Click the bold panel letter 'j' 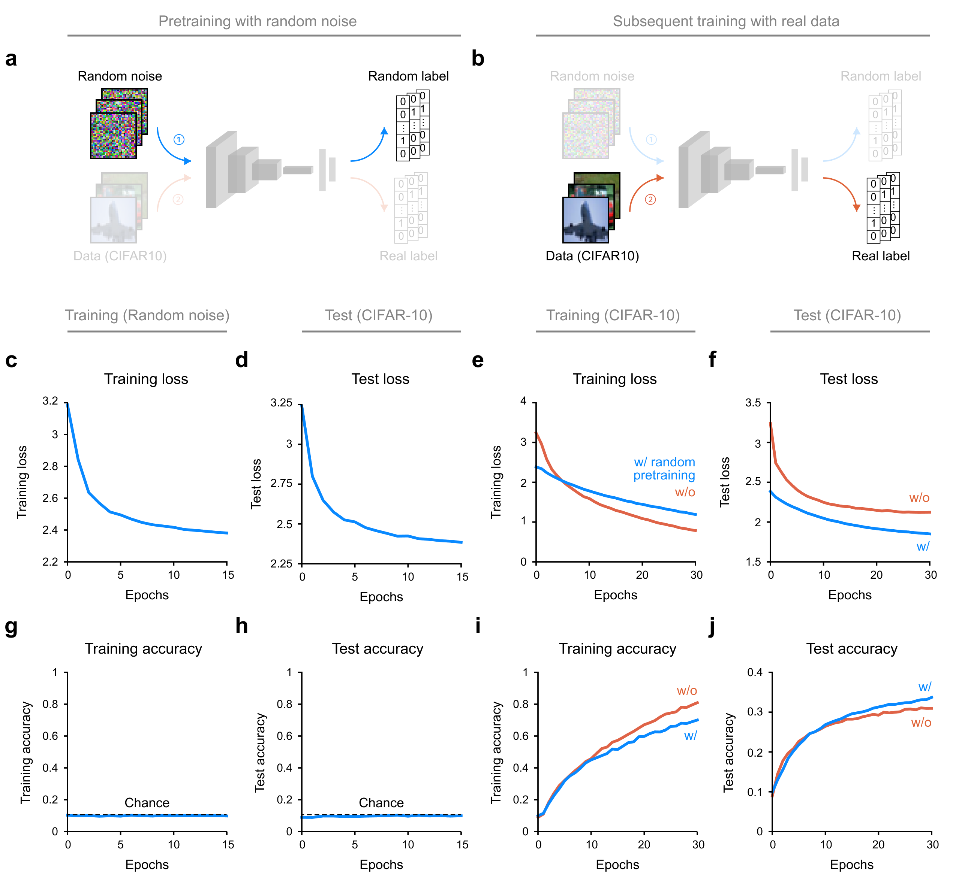coord(712,627)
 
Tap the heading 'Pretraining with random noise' coord(257,21)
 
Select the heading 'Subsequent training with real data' coord(726,21)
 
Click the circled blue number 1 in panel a coord(178,140)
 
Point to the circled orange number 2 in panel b coord(650,200)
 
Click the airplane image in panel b coord(586,220)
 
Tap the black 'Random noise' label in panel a coord(120,76)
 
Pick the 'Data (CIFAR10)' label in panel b coord(592,256)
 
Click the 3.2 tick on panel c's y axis coord(50,401)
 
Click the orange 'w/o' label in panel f coord(919,497)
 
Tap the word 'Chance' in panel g coord(147,803)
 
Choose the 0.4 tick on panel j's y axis coord(755,673)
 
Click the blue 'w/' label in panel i coord(690,736)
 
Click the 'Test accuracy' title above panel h coord(377,649)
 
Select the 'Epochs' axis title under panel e coord(615,595)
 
